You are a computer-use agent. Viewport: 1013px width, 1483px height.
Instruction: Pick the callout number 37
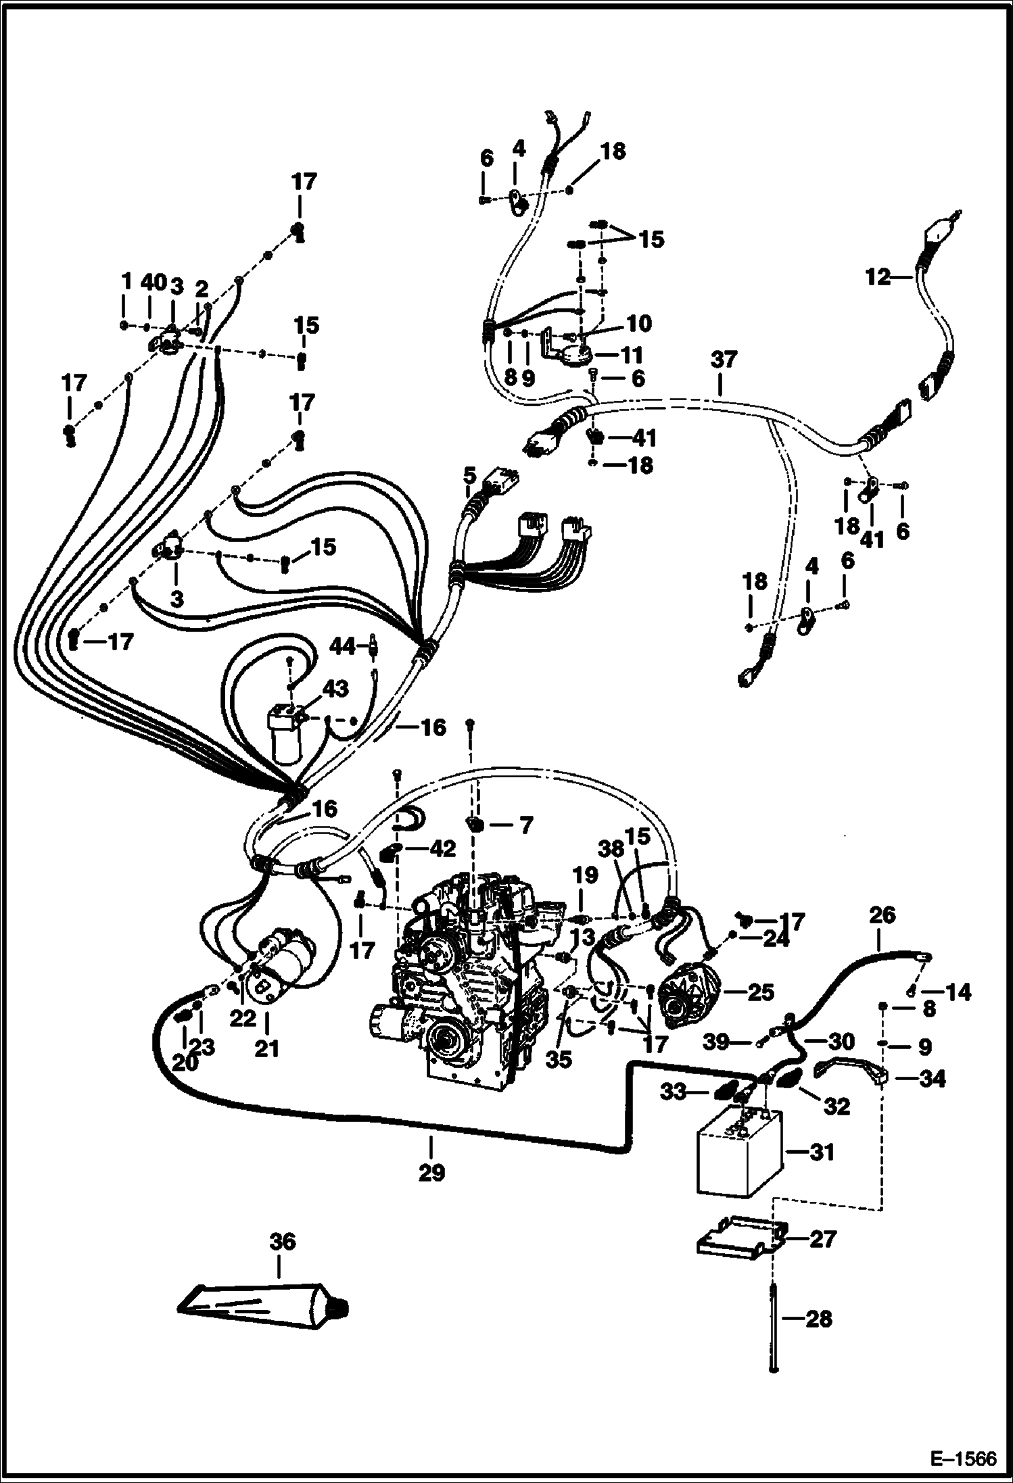coord(723,360)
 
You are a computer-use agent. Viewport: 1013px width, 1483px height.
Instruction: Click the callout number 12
coord(877,277)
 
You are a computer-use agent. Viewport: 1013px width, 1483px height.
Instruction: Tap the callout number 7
coord(525,825)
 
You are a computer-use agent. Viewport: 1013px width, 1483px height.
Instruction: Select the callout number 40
coord(154,283)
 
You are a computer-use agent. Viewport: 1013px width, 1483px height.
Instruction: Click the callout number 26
coord(882,916)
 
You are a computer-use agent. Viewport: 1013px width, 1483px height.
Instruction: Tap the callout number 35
coord(559,1060)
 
